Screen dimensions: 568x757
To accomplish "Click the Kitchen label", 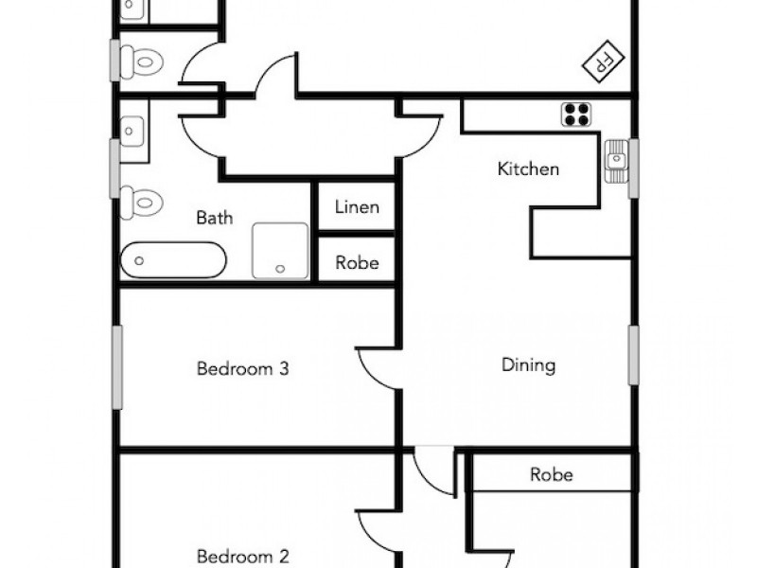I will click(528, 169).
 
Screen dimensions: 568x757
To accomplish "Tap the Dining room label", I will click(528, 365).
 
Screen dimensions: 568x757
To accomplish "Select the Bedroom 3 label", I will click(242, 368).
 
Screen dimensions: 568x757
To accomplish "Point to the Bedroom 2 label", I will click(242, 557).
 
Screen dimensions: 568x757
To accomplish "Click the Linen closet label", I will click(356, 207).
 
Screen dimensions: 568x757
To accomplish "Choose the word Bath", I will click(214, 218).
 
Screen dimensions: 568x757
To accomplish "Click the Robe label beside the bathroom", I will click(356, 262).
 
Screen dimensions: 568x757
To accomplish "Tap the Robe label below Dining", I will click(552, 474).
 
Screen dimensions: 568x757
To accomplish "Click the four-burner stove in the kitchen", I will click(576, 115).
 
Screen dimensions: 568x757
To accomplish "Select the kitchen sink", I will click(616, 161).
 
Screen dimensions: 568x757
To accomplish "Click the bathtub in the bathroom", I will click(174, 259).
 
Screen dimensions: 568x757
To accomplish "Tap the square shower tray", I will click(280, 250).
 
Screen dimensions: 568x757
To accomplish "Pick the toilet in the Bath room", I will click(142, 202).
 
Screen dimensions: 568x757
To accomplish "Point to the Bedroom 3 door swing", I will click(377, 369).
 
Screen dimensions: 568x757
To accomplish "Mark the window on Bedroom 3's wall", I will click(118, 367).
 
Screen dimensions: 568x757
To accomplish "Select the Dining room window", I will click(633, 355).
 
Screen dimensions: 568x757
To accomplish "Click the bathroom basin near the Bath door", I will click(133, 127).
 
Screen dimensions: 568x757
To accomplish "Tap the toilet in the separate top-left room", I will click(142, 62).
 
